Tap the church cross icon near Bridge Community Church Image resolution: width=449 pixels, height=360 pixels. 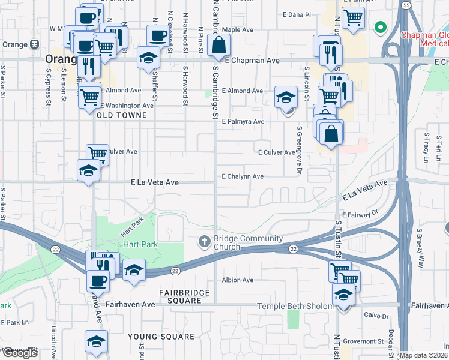tap(204, 241)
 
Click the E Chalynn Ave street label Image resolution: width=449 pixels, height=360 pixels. tap(243, 176)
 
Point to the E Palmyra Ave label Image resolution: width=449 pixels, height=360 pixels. tap(243, 122)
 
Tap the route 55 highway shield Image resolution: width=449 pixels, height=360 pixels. tap(406, 5)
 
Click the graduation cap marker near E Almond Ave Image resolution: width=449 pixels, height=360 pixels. tap(286, 97)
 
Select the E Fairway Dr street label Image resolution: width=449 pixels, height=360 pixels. tap(361, 214)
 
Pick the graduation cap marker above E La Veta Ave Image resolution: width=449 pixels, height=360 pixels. tap(88, 170)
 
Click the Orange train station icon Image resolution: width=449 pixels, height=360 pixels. tap(35, 44)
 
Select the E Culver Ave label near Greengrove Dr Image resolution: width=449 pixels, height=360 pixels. tap(276, 152)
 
